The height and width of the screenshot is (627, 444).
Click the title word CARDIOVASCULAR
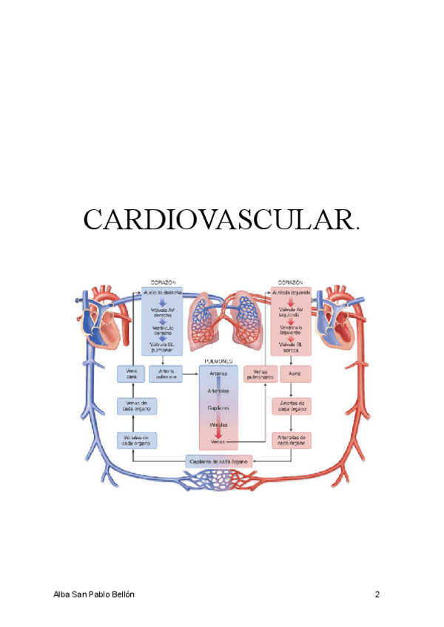click(223, 221)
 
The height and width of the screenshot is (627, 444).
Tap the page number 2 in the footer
click(377, 594)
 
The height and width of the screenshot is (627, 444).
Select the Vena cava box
click(132, 374)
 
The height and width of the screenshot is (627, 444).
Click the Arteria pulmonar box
click(165, 374)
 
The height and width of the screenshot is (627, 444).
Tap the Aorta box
click(292, 374)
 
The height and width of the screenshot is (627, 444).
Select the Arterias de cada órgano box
click(292, 406)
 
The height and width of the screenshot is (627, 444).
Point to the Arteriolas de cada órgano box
click(292, 441)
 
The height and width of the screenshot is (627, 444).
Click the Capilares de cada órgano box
click(218, 461)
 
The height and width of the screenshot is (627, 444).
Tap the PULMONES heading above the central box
click(218, 362)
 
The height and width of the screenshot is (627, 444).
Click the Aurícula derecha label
click(163, 294)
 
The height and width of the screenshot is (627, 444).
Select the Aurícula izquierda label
click(292, 294)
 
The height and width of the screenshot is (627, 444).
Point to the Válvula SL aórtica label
click(292, 346)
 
